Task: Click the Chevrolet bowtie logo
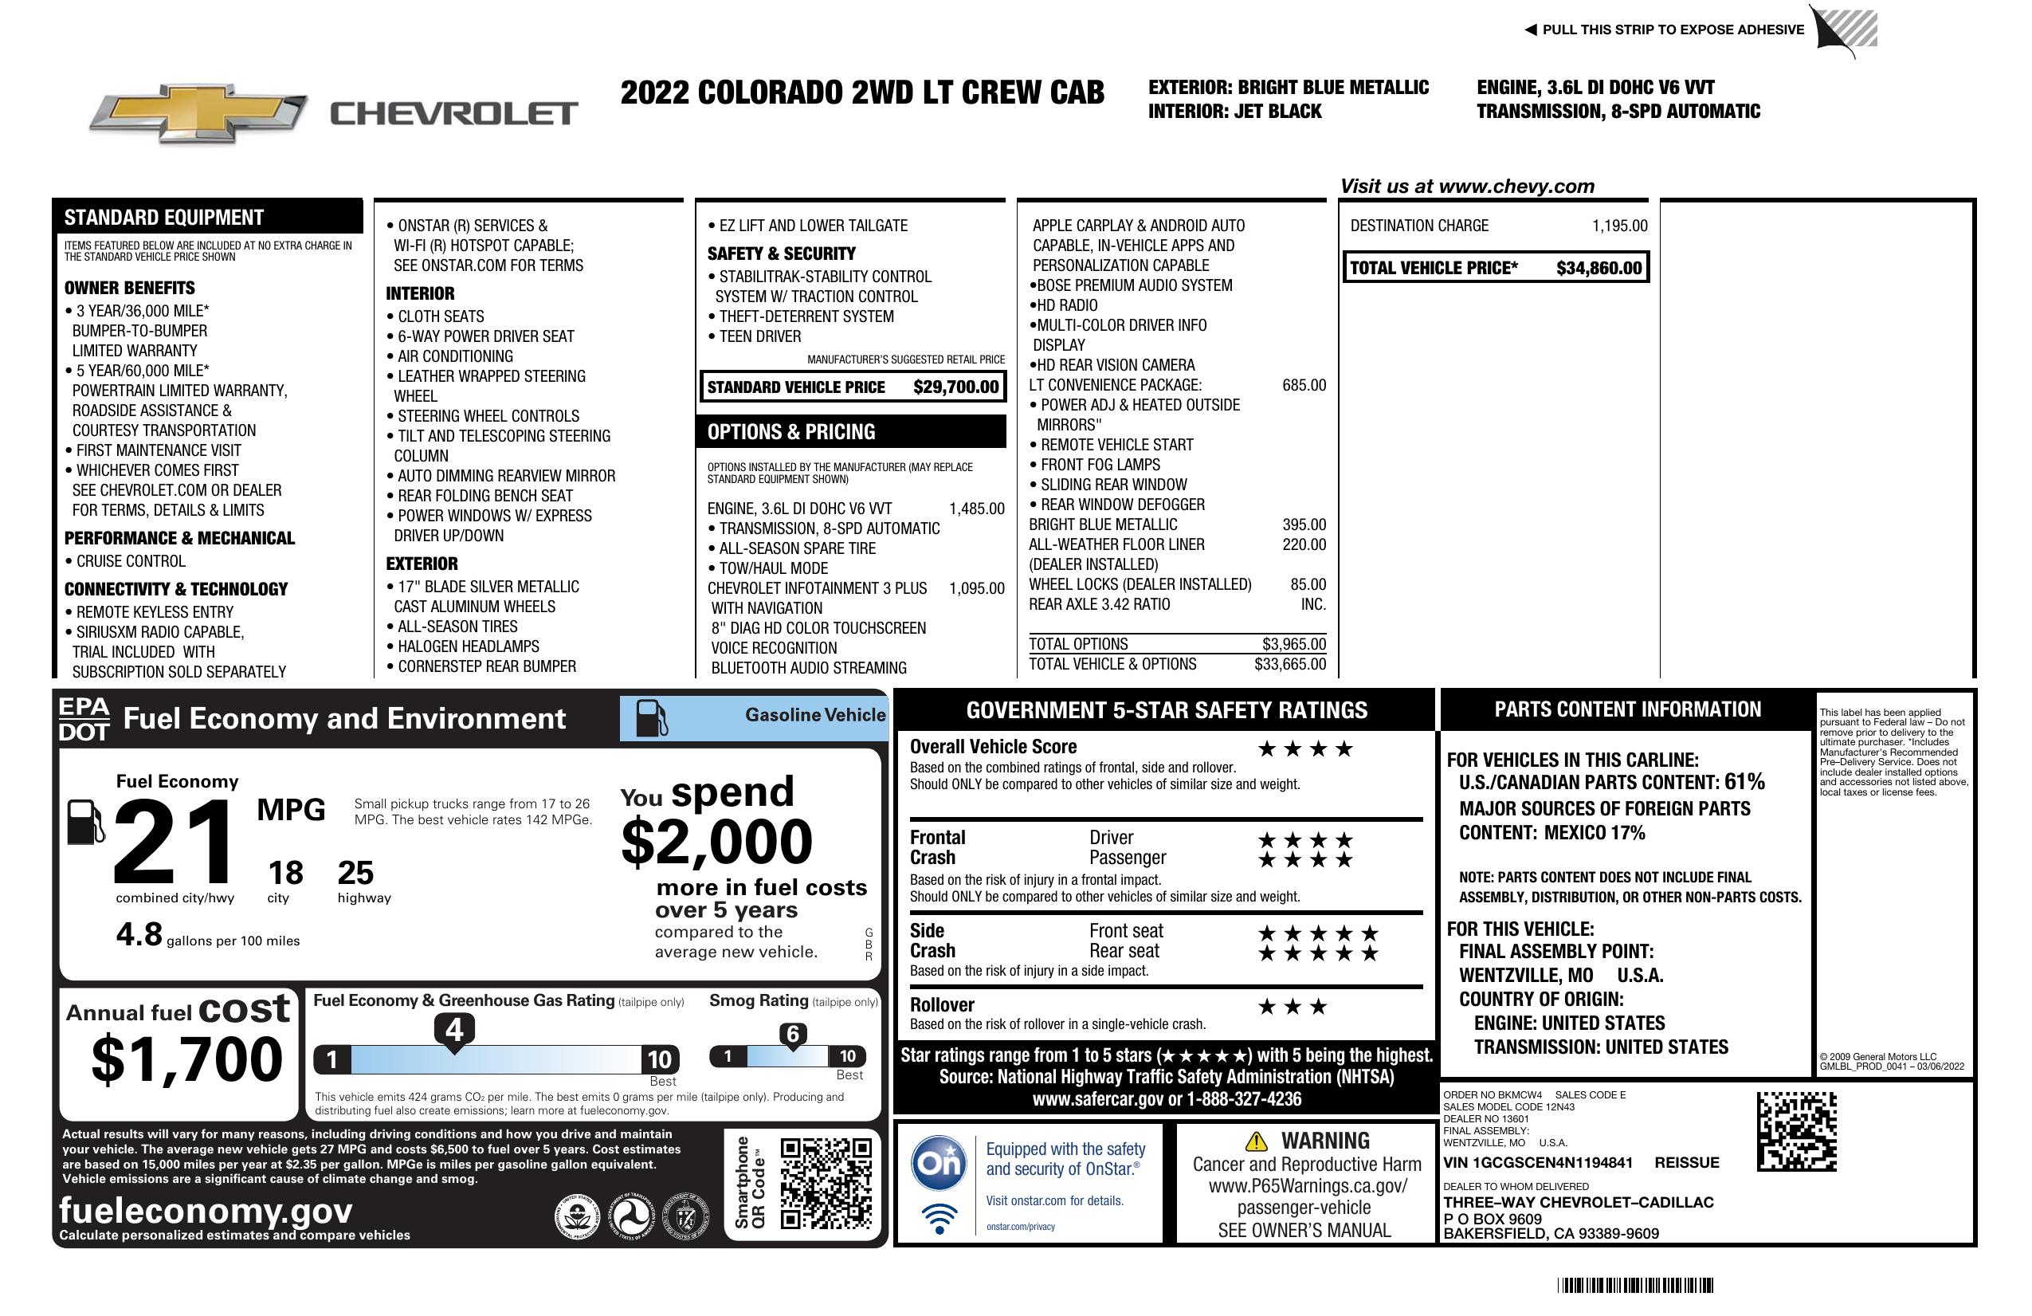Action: [x=198, y=112]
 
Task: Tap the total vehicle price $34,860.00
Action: [x=1599, y=268]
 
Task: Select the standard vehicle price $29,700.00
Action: [x=955, y=387]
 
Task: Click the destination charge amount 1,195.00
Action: [x=1618, y=226]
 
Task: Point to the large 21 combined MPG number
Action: [x=174, y=841]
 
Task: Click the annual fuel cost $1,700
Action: [x=186, y=1059]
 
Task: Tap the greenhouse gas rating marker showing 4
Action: [x=454, y=1030]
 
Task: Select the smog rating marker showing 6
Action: [x=792, y=1034]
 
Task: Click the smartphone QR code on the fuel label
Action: [x=826, y=1182]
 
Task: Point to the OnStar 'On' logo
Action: [x=939, y=1163]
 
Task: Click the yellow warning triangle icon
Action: [x=1256, y=1141]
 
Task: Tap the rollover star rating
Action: [x=1292, y=1007]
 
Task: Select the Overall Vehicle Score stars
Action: [x=1304, y=749]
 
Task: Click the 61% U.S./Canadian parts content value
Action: [x=1744, y=781]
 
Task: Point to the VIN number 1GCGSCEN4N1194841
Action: [x=1538, y=1162]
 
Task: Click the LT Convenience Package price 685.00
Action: [x=1304, y=385]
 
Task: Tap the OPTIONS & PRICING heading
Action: [x=790, y=432]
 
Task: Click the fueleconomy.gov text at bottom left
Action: [x=206, y=1210]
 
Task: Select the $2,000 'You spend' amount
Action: [x=716, y=842]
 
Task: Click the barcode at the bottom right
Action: [x=1634, y=1285]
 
